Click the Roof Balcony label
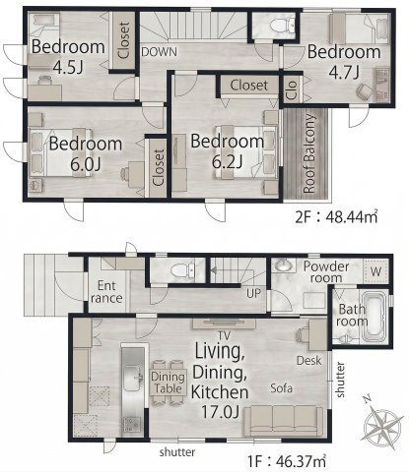[309, 153]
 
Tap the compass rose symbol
[381, 424]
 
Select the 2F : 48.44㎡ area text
[336, 216]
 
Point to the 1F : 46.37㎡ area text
[287, 461]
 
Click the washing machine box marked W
[376, 271]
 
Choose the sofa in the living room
[284, 420]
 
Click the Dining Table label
[168, 383]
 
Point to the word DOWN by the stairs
[160, 52]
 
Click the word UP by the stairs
[253, 293]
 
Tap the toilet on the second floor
[282, 25]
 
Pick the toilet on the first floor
[183, 270]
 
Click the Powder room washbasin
[283, 265]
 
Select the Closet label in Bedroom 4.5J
[123, 40]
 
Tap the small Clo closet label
[292, 89]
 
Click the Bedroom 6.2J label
[228, 150]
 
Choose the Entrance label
[106, 292]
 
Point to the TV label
[225, 335]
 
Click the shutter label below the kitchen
[177, 452]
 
